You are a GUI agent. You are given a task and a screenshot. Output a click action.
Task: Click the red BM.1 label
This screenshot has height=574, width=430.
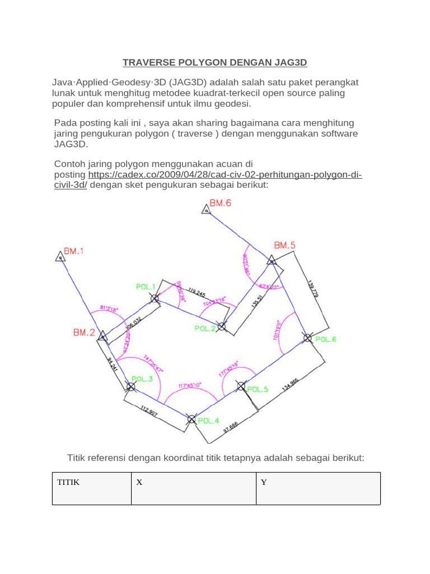pyautogui.click(x=74, y=252)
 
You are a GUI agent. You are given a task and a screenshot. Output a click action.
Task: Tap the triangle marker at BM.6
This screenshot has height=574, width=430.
pyautogui.click(x=206, y=210)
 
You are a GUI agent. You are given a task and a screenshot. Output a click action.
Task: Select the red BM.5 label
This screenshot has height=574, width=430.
pyautogui.click(x=284, y=245)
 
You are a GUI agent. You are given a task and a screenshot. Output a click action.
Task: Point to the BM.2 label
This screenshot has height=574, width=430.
pyautogui.click(x=84, y=332)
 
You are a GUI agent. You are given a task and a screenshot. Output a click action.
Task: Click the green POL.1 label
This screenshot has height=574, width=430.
pyautogui.click(x=146, y=286)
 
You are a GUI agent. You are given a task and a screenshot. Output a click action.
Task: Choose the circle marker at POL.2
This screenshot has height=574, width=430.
pyautogui.click(x=222, y=326)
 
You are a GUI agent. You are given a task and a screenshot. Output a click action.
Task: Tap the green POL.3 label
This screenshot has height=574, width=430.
pyautogui.click(x=142, y=379)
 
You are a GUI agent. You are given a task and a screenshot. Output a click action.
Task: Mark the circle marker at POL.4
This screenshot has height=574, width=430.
pyautogui.click(x=191, y=419)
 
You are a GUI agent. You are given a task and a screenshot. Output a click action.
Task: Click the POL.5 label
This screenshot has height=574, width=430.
pyautogui.click(x=258, y=389)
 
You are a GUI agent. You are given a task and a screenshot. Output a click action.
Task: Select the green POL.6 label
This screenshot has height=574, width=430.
pyautogui.click(x=326, y=339)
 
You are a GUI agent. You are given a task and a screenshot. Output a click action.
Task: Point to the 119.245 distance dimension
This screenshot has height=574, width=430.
pyautogui.click(x=197, y=292)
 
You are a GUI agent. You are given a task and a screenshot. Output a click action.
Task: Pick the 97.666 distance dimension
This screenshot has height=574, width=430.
pyautogui.click(x=231, y=428)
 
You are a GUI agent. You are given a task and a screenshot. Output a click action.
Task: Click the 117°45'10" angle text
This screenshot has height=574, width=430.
pyautogui.click(x=190, y=386)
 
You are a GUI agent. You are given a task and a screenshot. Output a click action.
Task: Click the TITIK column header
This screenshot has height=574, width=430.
pyautogui.click(x=68, y=483)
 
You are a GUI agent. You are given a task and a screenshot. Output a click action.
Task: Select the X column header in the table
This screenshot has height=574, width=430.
pyautogui.click(x=139, y=483)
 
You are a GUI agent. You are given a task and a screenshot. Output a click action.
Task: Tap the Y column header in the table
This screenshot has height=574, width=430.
pyautogui.click(x=264, y=483)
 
